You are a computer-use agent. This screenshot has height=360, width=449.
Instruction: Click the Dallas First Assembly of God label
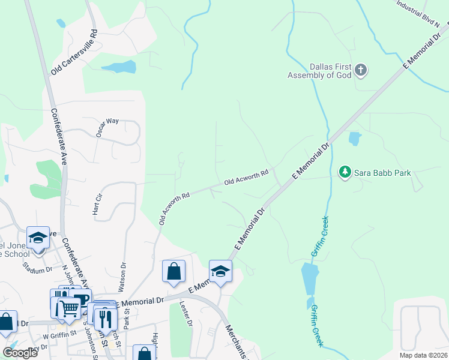point(318,71)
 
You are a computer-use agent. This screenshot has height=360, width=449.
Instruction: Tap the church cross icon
point(360,71)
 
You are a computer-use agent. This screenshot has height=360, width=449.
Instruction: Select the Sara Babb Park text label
point(382,173)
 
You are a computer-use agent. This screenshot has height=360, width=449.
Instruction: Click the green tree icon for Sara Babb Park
point(345,172)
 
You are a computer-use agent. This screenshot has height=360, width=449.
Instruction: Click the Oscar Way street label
point(107,128)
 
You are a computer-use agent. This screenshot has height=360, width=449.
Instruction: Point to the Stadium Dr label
point(37,267)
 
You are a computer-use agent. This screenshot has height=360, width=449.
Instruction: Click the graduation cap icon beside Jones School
point(38,238)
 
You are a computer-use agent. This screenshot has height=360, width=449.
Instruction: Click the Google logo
point(20,353)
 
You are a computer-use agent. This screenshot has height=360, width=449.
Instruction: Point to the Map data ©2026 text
point(423,355)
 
